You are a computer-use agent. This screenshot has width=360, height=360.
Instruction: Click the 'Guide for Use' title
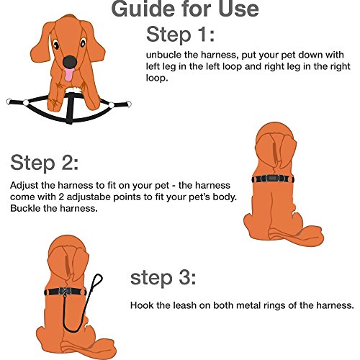click(185, 9)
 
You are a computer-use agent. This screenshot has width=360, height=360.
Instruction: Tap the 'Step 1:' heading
click(180, 35)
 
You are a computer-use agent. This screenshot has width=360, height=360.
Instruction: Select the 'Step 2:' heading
click(45, 163)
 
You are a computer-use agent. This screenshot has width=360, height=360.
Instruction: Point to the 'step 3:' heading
click(163, 278)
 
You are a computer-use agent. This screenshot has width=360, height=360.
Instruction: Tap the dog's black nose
click(70, 62)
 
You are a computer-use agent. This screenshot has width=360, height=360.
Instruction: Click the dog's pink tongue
click(68, 75)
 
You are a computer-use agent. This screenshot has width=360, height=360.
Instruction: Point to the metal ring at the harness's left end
click(9, 102)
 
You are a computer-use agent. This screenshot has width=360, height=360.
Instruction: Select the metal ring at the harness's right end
click(129, 104)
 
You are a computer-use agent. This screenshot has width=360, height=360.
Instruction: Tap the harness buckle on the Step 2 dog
click(272, 179)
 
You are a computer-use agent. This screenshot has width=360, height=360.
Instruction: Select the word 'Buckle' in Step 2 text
click(25, 208)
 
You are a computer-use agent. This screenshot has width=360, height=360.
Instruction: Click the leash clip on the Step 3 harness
click(65, 293)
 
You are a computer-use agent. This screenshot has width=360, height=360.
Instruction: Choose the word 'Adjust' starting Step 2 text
click(24, 186)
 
